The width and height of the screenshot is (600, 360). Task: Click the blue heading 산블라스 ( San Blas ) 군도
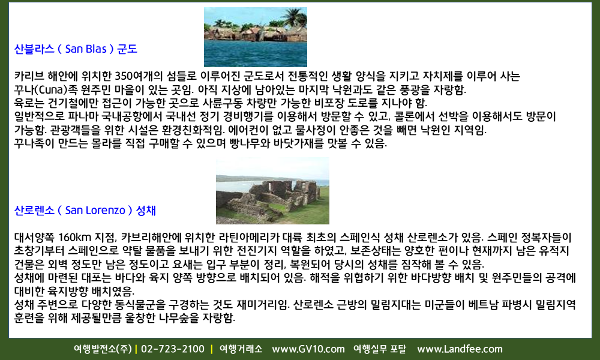[x=76, y=49]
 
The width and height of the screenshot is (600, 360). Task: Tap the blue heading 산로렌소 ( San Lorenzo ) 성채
[x=85, y=211]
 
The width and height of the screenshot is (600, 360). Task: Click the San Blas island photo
[x=255, y=37]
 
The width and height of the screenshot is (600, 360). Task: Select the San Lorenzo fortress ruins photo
[x=272, y=191]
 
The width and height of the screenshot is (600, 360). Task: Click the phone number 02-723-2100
[x=173, y=349]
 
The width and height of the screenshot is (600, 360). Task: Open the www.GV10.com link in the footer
[x=308, y=349]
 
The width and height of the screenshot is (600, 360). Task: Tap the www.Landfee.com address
[x=460, y=349]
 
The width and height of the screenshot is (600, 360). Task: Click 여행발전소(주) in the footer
[x=103, y=349]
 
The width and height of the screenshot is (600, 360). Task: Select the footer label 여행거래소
[x=241, y=349]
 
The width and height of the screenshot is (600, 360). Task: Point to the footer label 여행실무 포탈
[x=380, y=349]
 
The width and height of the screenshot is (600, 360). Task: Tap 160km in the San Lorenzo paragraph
[x=75, y=238]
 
